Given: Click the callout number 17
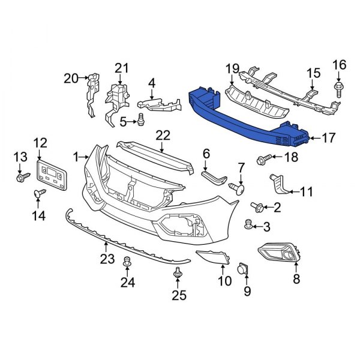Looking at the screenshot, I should click(x=328, y=138).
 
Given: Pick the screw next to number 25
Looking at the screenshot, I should click(x=178, y=275).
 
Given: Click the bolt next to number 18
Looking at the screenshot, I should click(x=263, y=159).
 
